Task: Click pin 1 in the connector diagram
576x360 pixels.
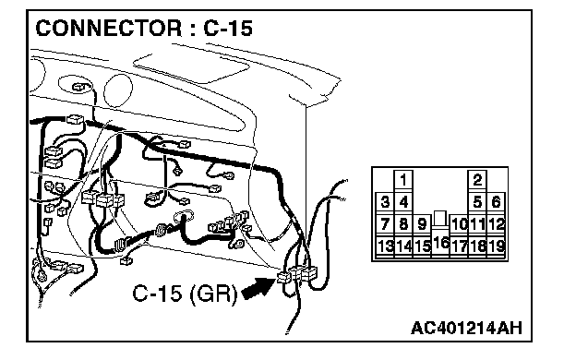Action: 403,180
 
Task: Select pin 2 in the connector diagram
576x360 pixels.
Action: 477,180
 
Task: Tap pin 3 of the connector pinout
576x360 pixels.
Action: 385,202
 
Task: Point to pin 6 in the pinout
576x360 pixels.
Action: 496,202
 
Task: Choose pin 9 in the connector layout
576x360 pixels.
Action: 422,223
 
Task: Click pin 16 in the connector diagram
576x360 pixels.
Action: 440,242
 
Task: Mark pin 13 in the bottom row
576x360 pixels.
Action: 385,246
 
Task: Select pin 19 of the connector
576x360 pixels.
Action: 496,246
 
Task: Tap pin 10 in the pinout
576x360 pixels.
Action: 459,223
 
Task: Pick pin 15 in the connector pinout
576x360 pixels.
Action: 422,246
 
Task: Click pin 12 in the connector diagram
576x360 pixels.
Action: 496,223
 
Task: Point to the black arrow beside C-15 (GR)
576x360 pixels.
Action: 258,287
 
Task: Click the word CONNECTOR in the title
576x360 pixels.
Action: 108,29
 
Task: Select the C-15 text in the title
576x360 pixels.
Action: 228,29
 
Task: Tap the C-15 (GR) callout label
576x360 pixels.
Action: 185,294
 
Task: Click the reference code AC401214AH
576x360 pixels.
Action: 466,328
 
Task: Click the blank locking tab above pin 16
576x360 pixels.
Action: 440,218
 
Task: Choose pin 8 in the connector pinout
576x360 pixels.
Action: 403,223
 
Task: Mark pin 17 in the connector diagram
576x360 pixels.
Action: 459,246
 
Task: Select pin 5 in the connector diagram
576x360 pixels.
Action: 477,202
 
